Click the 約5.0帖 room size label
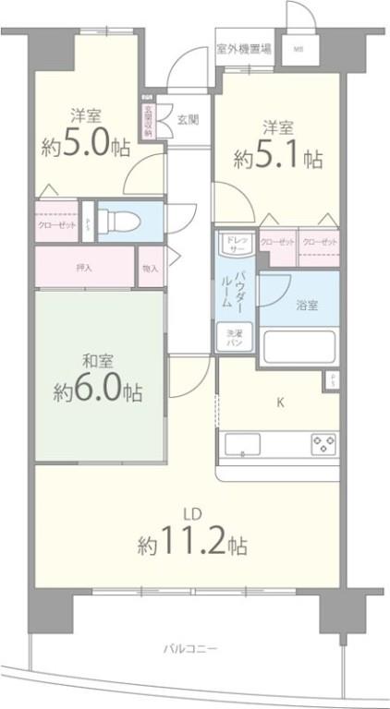85,146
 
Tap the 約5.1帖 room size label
277,157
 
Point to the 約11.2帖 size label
192,543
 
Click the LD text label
192,513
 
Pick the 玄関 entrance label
188,117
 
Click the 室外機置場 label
243,50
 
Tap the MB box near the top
298,49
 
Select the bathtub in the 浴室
299,349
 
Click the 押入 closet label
84,268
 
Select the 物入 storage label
150,268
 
